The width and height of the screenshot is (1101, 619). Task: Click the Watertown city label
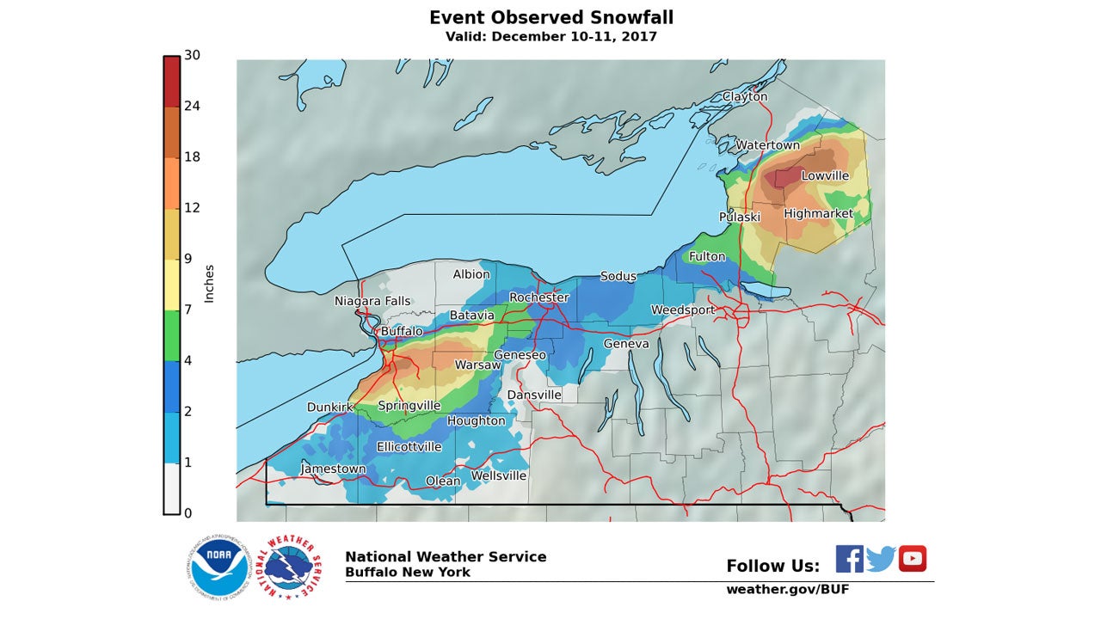[x=767, y=145]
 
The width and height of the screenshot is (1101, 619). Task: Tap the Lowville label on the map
[x=825, y=175]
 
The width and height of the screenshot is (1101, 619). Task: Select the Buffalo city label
[x=402, y=331]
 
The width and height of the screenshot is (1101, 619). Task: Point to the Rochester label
[x=538, y=297]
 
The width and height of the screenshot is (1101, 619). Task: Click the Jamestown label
[x=333, y=469]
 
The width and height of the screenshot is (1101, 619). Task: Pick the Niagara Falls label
[x=372, y=302]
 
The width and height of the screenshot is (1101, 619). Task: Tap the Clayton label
[x=745, y=97]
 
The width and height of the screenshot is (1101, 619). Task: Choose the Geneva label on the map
[x=626, y=344]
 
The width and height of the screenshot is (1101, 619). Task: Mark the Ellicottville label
[x=409, y=447]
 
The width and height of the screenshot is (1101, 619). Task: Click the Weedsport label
[x=683, y=309]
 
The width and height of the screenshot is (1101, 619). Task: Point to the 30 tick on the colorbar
[x=192, y=55]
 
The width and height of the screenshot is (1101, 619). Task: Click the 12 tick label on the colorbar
[x=192, y=208]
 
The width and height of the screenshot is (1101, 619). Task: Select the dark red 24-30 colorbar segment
[x=172, y=82]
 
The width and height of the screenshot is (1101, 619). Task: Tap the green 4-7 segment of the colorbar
[x=172, y=335]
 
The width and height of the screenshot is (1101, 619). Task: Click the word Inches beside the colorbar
[x=209, y=284]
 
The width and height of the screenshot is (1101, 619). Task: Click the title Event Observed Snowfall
[x=551, y=18]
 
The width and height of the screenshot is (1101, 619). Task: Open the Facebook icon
[x=849, y=559]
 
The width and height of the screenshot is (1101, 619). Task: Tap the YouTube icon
[x=913, y=559]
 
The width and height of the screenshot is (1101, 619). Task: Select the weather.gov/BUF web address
[x=787, y=590]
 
